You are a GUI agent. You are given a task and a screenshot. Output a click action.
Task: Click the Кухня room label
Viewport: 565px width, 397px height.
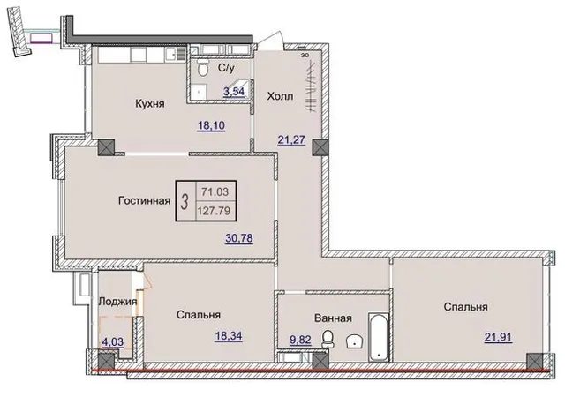click(150, 104)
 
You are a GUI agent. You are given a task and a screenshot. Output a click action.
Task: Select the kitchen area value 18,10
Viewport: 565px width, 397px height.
click(211, 126)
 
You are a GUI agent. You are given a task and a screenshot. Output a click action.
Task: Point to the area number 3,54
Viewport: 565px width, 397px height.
click(234, 92)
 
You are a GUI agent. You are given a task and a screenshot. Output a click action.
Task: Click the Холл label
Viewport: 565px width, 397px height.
click(280, 96)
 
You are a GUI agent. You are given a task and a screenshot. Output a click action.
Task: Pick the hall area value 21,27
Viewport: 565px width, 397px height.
click(291, 139)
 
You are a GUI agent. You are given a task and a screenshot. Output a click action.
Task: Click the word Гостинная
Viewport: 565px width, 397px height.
click(144, 200)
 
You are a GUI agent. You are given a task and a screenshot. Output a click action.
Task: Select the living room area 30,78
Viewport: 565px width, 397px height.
click(239, 238)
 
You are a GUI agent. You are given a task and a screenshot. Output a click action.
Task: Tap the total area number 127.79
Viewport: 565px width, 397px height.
click(214, 211)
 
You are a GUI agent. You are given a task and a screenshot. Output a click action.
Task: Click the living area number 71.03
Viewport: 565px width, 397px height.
click(215, 192)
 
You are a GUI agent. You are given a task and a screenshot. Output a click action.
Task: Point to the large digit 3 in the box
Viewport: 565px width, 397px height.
click(185, 201)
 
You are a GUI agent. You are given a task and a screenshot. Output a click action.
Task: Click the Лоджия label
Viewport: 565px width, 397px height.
click(117, 302)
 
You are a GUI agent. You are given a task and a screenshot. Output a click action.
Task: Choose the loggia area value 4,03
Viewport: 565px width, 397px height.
click(113, 342)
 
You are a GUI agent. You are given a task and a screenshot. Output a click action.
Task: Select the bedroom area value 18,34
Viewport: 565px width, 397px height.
click(229, 336)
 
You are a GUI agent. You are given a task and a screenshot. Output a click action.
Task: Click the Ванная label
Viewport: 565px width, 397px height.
click(333, 318)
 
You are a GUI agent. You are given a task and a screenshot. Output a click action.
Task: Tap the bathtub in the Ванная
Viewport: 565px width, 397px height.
click(379, 336)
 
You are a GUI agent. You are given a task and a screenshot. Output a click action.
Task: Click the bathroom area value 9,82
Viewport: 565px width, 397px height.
click(300, 340)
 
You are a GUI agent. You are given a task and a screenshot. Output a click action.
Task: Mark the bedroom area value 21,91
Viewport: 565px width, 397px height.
click(498, 338)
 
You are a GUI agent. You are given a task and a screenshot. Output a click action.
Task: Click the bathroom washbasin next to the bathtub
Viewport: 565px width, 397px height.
click(355, 341)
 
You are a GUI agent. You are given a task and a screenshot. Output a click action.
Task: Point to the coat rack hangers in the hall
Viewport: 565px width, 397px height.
click(311, 86)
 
